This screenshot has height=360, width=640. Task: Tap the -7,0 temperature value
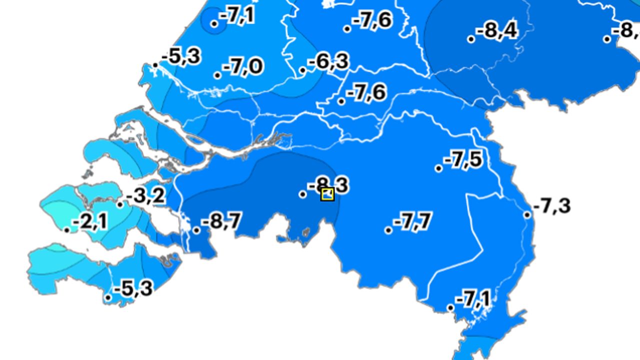(x=243, y=66)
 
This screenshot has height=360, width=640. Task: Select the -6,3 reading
(x=328, y=62)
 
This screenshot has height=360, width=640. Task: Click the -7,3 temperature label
(x=552, y=205)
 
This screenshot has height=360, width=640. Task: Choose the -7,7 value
(x=412, y=221)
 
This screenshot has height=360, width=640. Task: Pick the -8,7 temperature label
(x=221, y=220)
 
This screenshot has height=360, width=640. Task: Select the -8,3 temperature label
(x=328, y=185)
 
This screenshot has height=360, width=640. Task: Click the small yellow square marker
(x=327, y=194)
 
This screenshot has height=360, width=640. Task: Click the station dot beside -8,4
(x=471, y=39)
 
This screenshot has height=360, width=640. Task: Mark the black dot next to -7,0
(x=217, y=75)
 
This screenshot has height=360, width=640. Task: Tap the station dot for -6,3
(x=302, y=70)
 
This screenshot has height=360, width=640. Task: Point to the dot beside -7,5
(x=438, y=168)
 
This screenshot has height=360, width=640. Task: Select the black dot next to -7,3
(x=527, y=215)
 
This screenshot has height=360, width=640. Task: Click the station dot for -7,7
(x=388, y=230)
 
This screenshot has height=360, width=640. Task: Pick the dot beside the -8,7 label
(x=196, y=230)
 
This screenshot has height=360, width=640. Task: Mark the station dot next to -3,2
(x=120, y=204)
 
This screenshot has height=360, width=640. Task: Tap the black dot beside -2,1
(x=67, y=230)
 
